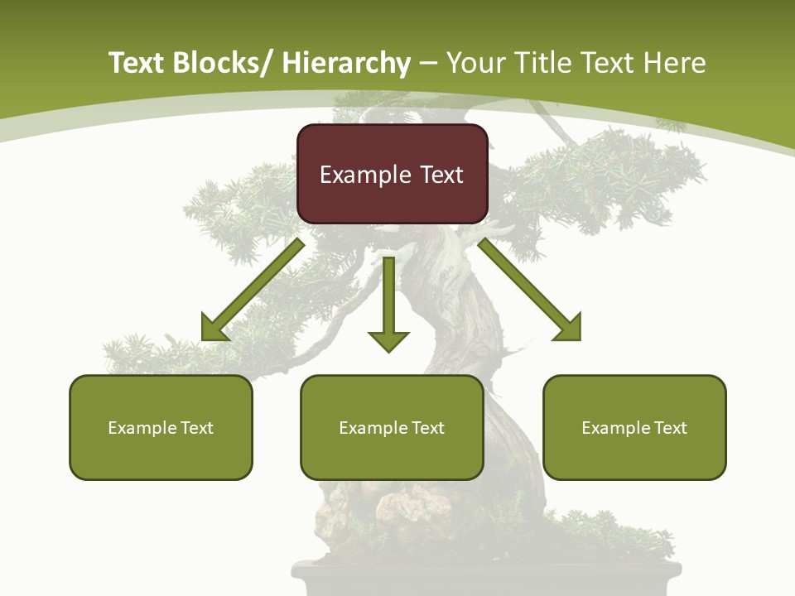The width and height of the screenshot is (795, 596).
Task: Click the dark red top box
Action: pos(392,174)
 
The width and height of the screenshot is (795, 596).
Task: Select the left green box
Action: pos(161,427)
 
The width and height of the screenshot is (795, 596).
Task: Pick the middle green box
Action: pos(392,427)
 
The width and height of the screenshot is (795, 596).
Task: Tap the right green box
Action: pos(634,427)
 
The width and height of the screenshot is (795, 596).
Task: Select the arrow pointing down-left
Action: pos(253,290)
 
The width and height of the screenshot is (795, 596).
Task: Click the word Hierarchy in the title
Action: pos(346,63)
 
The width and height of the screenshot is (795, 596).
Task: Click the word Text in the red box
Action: pos(441,175)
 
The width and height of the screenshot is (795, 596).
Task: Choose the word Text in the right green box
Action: pos(670,428)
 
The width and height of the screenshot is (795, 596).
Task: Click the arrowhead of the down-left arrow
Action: pos(214,329)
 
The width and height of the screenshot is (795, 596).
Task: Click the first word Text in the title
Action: pos(137,63)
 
